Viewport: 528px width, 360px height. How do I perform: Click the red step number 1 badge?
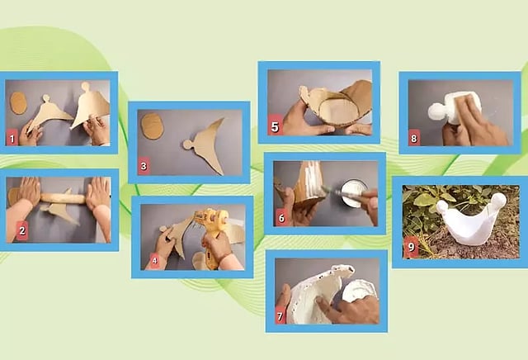pyautogui.click(x=12, y=138)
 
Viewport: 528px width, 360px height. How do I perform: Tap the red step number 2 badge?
pyautogui.click(x=22, y=230)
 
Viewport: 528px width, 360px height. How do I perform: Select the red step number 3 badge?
pyautogui.click(x=144, y=166)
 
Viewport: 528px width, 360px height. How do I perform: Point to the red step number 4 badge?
pyautogui.click(x=154, y=261)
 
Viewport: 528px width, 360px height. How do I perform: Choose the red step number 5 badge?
pyautogui.click(x=275, y=126)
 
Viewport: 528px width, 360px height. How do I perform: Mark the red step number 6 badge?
pyautogui.click(x=281, y=219)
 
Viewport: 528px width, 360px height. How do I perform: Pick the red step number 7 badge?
pyautogui.click(x=280, y=316)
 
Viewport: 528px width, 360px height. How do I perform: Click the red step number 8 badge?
pyautogui.click(x=414, y=138)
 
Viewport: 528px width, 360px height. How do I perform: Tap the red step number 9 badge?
pyautogui.click(x=411, y=247)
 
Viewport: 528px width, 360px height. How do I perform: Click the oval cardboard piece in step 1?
pyautogui.click(x=18, y=103)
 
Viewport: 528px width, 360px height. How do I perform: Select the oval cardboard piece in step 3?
pyautogui.click(x=152, y=126)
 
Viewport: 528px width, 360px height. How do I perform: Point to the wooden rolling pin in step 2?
pyautogui.click(x=63, y=198)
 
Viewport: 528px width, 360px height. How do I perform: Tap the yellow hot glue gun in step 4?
pyautogui.click(x=211, y=235)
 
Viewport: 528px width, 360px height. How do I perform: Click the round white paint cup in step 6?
pyautogui.click(x=352, y=193)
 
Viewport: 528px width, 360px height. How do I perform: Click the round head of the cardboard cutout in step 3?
pyautogui.click(x=187, y=144)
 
